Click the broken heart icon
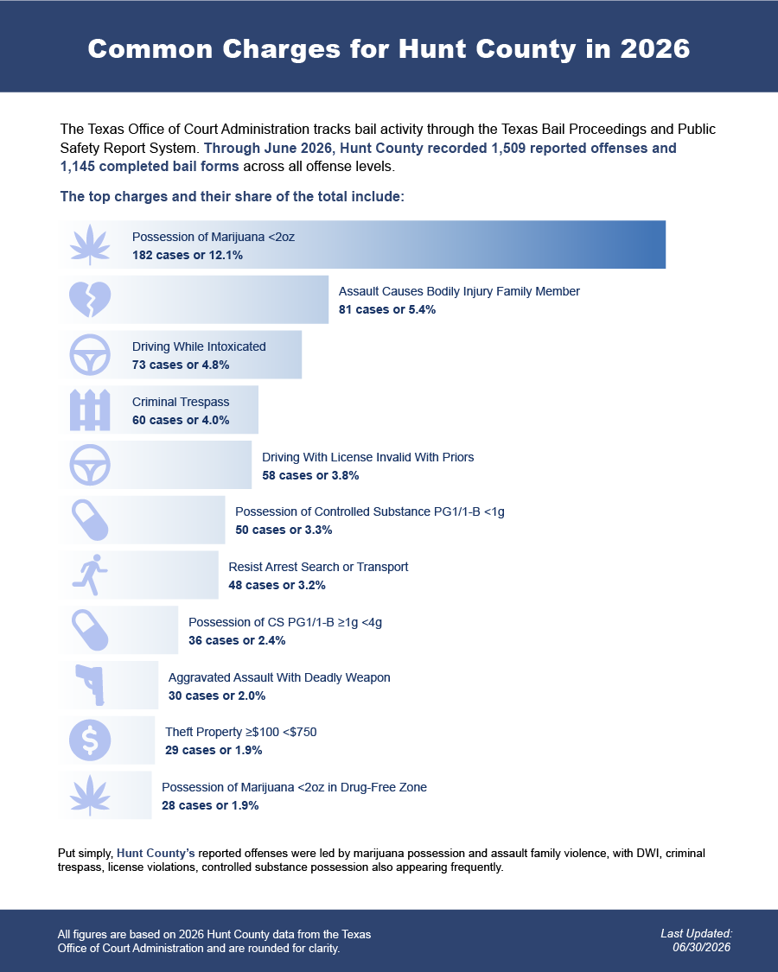[90, 300]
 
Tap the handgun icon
[91, 685]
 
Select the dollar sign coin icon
[90, 740]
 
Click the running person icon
[90, 575]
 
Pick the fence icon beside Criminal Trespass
[90, 410]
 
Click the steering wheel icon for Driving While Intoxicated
[90, 354]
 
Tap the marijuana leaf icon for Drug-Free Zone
[90, 795]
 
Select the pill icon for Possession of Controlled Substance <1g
[90, 520]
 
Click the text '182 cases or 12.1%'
[188, 255]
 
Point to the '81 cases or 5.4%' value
[387, 309]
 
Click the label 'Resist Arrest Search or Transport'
[318, 567]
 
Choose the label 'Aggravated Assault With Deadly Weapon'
[279, 677]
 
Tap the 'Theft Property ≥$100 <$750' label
[240, 732]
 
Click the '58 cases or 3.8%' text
[310, 475]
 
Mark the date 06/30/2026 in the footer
[702, 947]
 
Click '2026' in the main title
[655, 49]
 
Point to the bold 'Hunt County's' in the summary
[156, 853]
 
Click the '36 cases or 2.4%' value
[237, 640]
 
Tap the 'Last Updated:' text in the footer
[697, 934]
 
